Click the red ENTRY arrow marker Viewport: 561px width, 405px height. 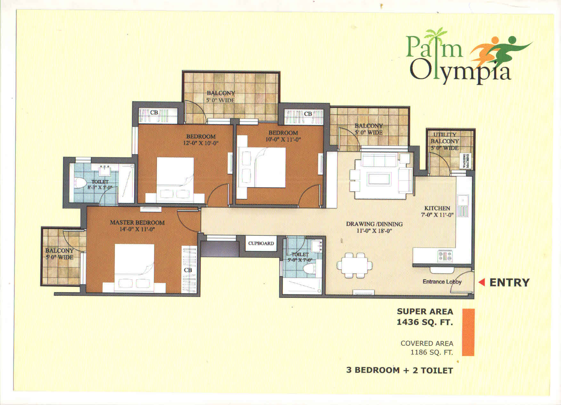pos(482,282)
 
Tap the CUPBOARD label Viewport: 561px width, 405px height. pos(261,243)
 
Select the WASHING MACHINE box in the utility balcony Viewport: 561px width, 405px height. pos(466,161)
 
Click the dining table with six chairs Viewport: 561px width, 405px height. pos(355,265)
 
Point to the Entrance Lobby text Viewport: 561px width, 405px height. pos(442,282)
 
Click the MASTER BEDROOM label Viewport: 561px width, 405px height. pos(137,222)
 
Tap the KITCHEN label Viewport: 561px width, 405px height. pos(437,208)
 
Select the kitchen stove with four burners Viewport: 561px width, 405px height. pos(445,256)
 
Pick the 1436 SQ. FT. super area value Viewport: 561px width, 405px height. pos(425,322)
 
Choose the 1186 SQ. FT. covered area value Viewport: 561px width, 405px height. pos(432,352)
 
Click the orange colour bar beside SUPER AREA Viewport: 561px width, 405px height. pos(468,332)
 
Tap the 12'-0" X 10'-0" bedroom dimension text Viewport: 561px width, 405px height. pos(201,143)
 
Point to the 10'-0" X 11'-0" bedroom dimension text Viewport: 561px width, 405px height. pos(283,139)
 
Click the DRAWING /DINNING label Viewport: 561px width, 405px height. pos(374,224)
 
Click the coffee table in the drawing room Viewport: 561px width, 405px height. pos(380,179)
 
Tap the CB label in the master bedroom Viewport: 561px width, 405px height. pos(188,270)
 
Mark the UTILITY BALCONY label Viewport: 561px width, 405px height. pos(445,138)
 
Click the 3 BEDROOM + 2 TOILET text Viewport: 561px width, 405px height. pos(400,370)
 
